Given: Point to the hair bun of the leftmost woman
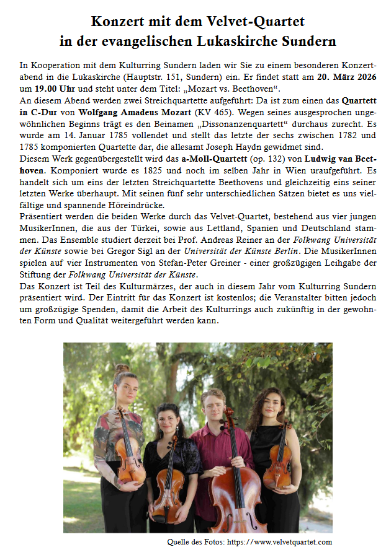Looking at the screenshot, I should pos(122,369).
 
